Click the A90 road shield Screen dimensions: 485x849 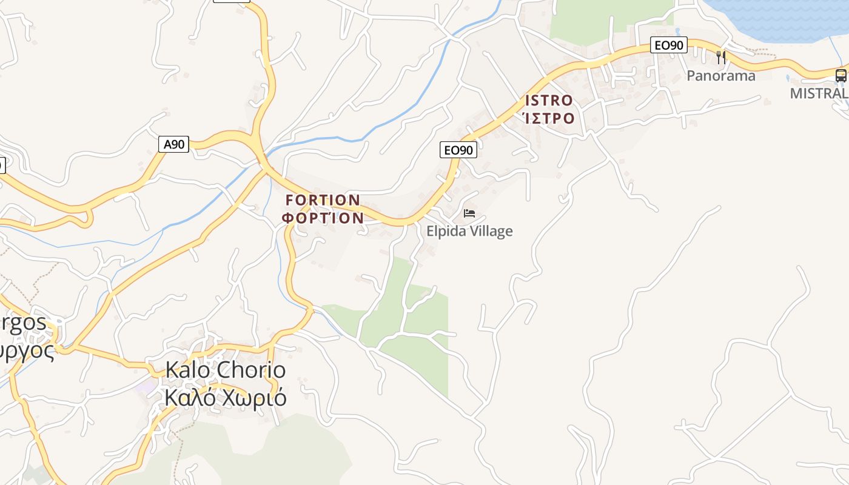coord(174,144)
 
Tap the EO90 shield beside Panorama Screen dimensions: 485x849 coord(669,45)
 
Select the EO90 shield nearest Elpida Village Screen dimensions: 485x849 coord(458,150)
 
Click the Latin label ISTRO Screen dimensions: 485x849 coord(549,101)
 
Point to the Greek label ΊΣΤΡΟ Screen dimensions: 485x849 coord(548,118)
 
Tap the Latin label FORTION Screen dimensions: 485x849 coord(323,200)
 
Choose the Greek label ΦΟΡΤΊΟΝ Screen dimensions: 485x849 coord(323,218)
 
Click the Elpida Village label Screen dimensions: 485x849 coord(469,231)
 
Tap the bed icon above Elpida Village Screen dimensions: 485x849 coord(469,213)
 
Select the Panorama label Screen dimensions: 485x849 coord(720,76)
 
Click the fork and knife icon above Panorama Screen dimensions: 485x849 coord(721,58)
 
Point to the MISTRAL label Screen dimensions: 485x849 coord(819,93)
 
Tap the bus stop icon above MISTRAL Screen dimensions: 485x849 coord(841,76)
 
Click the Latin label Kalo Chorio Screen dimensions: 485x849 coord(225,370)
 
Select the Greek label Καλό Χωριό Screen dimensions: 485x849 coord(225,398)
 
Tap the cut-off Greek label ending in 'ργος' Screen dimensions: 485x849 coord(27,350)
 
